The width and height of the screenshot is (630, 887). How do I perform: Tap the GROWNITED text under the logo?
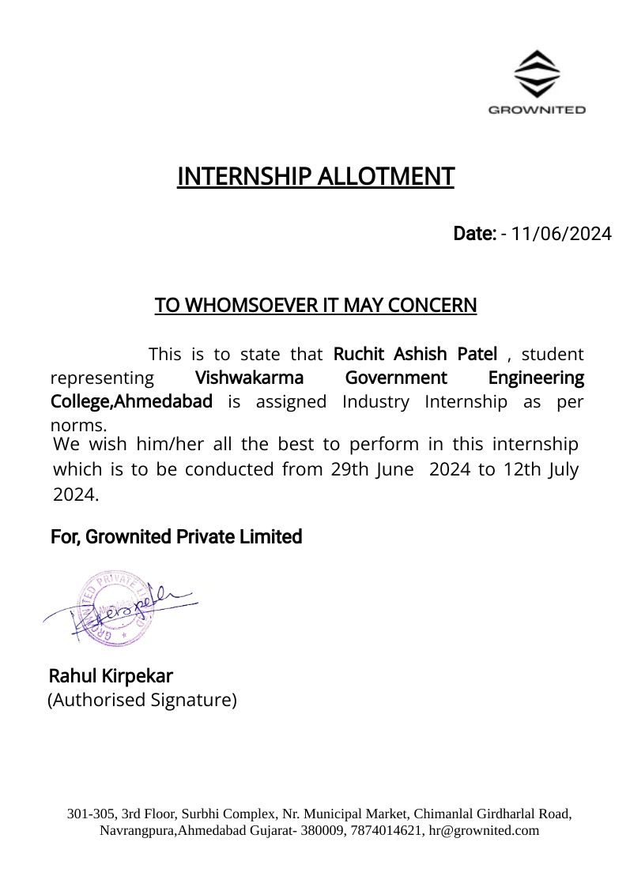coord(537,110)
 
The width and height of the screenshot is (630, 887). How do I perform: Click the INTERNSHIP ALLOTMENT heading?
coord(315,176)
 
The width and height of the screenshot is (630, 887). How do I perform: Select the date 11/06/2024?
coord(561,234)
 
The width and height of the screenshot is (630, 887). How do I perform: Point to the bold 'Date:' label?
coord(474,234)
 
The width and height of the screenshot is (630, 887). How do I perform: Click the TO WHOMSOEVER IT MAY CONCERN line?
coord(315,305)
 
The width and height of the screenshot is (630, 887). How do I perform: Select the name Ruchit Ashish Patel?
coord(415,353)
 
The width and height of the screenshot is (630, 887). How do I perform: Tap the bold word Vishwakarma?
coord(249,378)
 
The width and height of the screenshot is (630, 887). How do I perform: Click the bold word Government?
coord(396,378)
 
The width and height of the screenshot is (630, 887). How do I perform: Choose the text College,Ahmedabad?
coord(131,401)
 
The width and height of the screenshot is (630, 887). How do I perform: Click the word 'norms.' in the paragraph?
coord(78,426)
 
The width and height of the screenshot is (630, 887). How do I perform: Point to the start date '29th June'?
coord(372,469)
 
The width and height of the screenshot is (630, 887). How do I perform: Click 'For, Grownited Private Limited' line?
coord(176,537)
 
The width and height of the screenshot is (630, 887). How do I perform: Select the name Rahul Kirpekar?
coord(111,676)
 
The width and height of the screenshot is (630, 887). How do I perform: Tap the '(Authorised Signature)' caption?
coord(142,700)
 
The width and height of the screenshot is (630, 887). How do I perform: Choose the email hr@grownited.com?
coord(484,830)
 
